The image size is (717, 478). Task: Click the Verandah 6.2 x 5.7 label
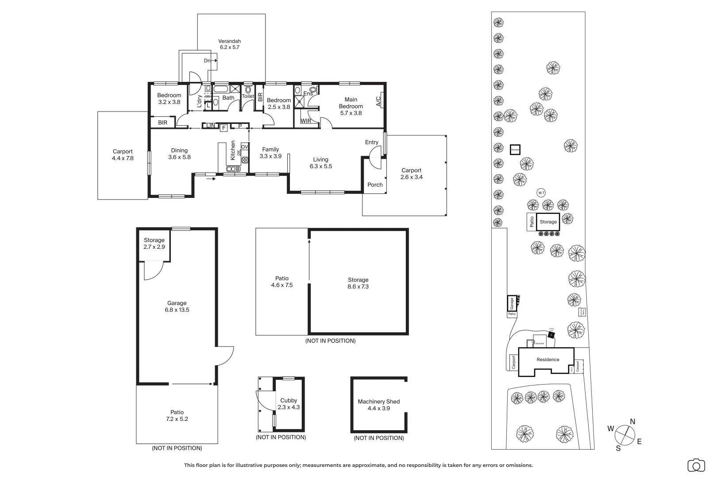[229, 44]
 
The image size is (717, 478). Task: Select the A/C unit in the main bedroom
[379, 101]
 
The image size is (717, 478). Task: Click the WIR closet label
[305, 121]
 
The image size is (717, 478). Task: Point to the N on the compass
[632, 422]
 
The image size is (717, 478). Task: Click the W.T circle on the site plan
[541, 193]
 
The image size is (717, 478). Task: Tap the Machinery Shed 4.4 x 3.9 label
[378, 405]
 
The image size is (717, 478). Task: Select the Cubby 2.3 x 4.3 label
[289, 404]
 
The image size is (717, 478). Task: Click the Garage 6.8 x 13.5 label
[177, 307]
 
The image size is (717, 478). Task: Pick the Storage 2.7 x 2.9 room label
[154, 243]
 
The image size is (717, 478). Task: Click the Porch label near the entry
[375, 185]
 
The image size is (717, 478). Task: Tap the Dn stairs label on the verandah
[207, 61]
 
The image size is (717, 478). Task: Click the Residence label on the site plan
[548, 360]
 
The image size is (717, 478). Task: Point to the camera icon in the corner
[696, 465]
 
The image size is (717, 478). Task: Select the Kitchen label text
[233, 150]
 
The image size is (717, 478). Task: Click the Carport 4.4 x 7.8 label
[123, 155]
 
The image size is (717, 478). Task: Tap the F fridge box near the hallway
[224, 128]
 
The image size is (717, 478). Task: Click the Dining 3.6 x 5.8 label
[179, 154]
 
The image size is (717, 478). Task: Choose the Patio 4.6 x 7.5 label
[282, 282]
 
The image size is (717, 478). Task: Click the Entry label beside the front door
[372, 143]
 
